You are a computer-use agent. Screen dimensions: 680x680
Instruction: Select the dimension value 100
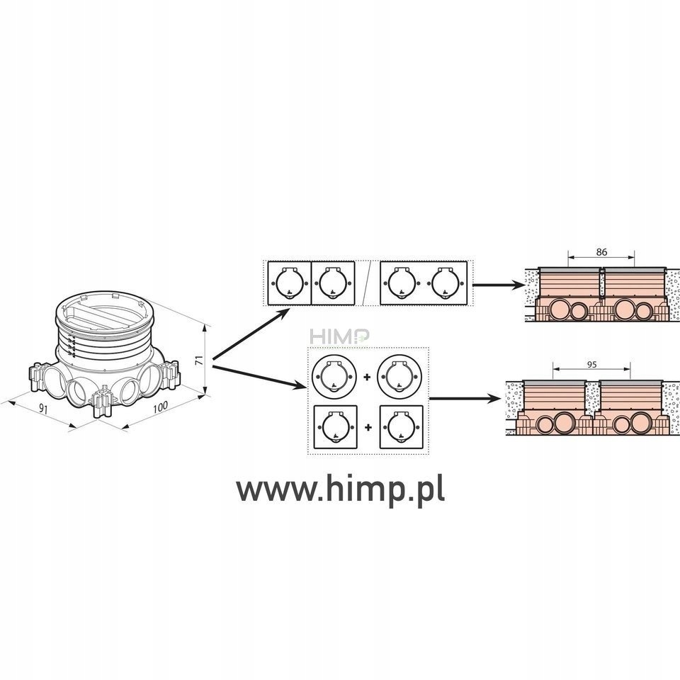tap(160, 409)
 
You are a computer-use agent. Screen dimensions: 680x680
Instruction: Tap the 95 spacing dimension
tap(593, 365)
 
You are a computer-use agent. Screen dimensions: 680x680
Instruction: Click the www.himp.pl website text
tap(340, 488)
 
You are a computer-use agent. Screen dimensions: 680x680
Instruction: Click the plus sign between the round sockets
tap(367, 377)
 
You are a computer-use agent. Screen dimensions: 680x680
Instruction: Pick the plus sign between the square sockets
tap(367, 428)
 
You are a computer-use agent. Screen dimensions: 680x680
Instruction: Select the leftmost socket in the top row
tap(288, 284)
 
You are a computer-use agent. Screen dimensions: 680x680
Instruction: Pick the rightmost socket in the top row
tap(447, 284)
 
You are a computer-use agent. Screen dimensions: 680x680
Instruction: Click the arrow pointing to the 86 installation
tap(495, 285)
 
